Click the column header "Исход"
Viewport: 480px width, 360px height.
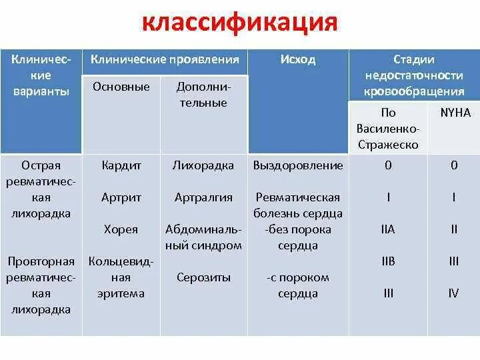[x=297, y=60]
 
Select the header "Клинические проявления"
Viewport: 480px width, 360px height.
[x=165, y=60]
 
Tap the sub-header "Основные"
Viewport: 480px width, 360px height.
[x=121, y=87]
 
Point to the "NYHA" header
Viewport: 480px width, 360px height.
[x=453, y=113]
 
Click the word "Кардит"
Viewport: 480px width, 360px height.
[x=121, y=165]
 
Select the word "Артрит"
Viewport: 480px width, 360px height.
[x=121, y=197]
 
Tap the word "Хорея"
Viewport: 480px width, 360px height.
[x=121, y=229]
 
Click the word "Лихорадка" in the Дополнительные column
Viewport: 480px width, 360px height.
[x=203, y=165]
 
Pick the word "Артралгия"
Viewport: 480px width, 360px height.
[x=203, y=197]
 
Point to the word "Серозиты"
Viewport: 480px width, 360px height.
[x=203, y=277]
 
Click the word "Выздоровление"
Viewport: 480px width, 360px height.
[x=298, y=165]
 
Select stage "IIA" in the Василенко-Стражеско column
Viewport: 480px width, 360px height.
[x=388, y=229]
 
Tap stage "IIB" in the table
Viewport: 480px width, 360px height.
[x=388, y=261]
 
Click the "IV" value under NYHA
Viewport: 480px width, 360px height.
[x=453, y=293]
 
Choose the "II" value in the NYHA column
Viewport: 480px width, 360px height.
[x=453, y=229]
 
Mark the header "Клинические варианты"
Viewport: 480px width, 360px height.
[x=41, y=76]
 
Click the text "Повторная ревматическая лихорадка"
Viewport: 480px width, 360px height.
[x=41, y=285]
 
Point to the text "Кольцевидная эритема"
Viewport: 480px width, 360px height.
[x=121, y=277]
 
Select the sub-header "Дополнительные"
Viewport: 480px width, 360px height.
[x=203, y=95]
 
